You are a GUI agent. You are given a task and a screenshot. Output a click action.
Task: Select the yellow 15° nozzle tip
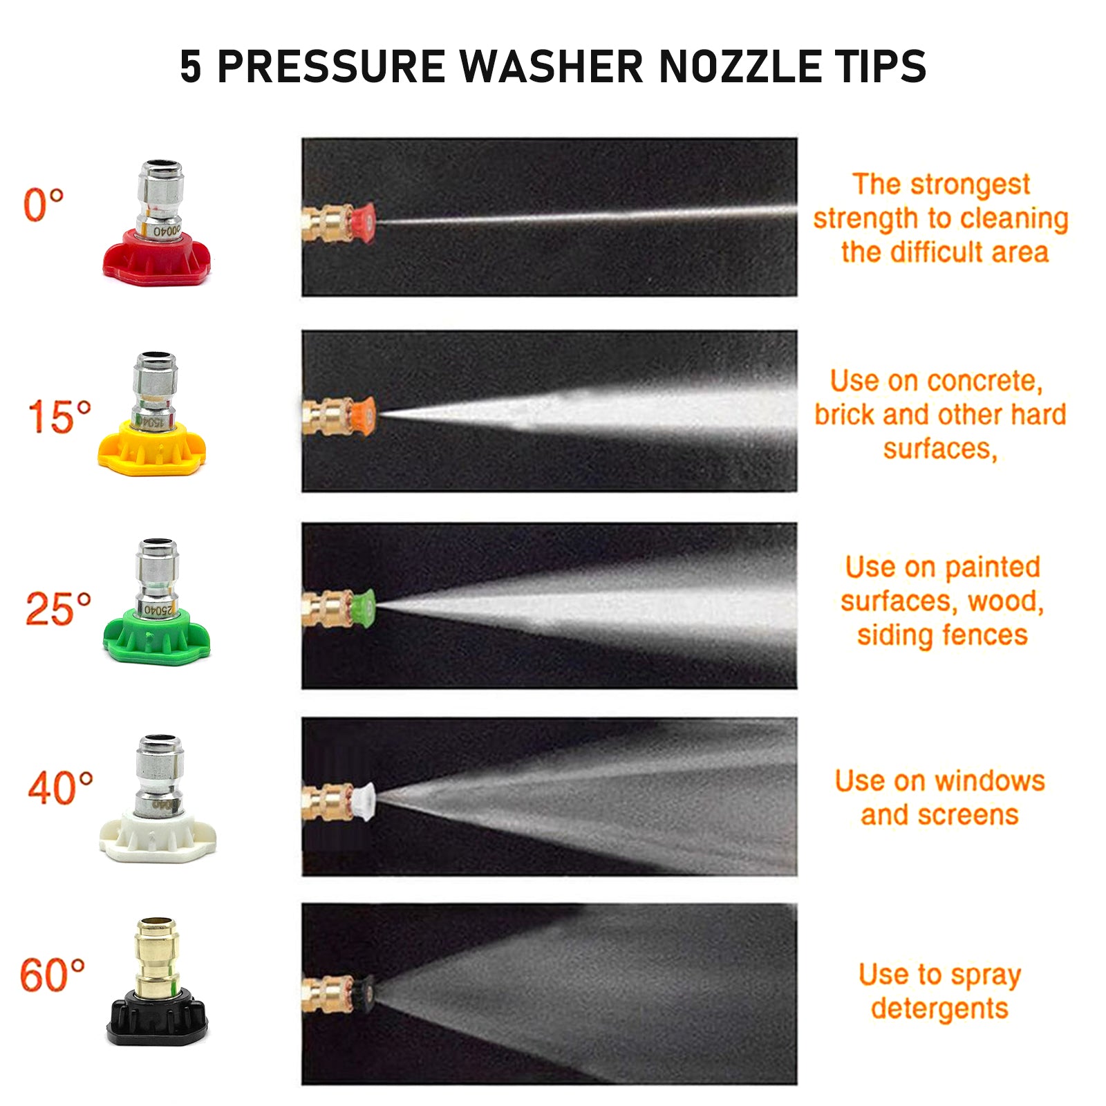[x=152, y=415]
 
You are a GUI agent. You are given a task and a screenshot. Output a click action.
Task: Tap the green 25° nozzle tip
[x=157, y=601]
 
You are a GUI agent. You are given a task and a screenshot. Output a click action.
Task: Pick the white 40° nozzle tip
[x=158, y=798]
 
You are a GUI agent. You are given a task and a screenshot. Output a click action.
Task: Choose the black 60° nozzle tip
[x=158, y=982]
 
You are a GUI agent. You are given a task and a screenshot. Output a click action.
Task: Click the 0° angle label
[x=44, y=205]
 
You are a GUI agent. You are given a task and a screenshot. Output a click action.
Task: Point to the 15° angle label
[x=59, y=417]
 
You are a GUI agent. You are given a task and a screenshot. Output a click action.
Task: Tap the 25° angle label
[x=58, y=609]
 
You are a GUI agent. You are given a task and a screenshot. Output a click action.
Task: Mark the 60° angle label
[x=53, y=975]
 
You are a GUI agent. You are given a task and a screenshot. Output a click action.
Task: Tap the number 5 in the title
[x=191, y=66]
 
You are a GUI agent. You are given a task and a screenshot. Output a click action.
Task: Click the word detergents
[x=940, y=1009]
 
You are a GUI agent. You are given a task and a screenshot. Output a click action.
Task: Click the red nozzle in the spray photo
[x=362, y=222]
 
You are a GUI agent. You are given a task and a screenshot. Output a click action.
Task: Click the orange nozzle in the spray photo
[x=363, y=415]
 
